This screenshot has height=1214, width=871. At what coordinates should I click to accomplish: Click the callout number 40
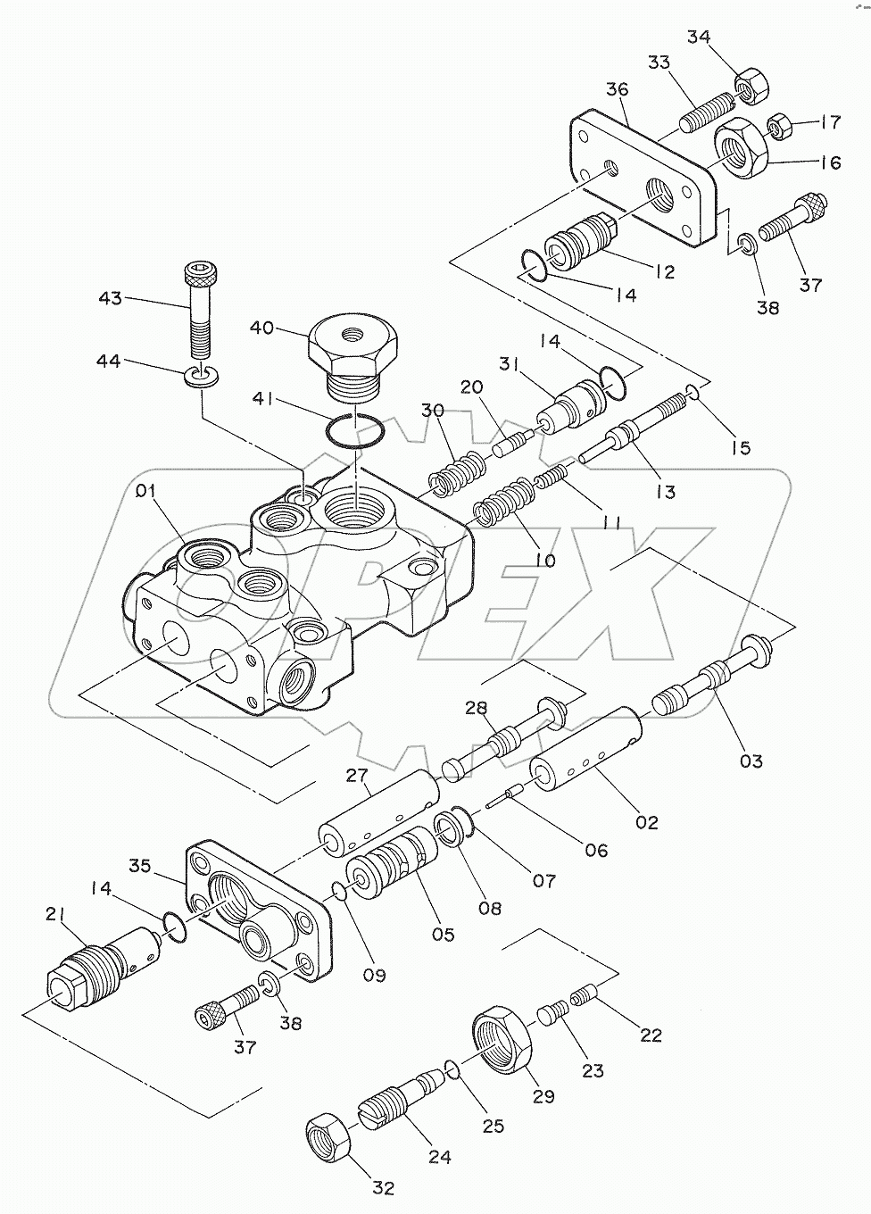tap(261, 328)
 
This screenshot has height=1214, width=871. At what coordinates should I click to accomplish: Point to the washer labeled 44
tap(202, 377)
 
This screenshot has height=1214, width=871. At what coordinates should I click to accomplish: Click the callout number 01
tap(145, 492)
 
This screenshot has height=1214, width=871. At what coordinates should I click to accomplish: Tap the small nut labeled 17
tap(778, 126)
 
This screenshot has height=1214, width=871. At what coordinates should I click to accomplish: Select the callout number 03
tap(751, 761)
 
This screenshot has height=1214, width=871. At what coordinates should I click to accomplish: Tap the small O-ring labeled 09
tap(340, 890)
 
